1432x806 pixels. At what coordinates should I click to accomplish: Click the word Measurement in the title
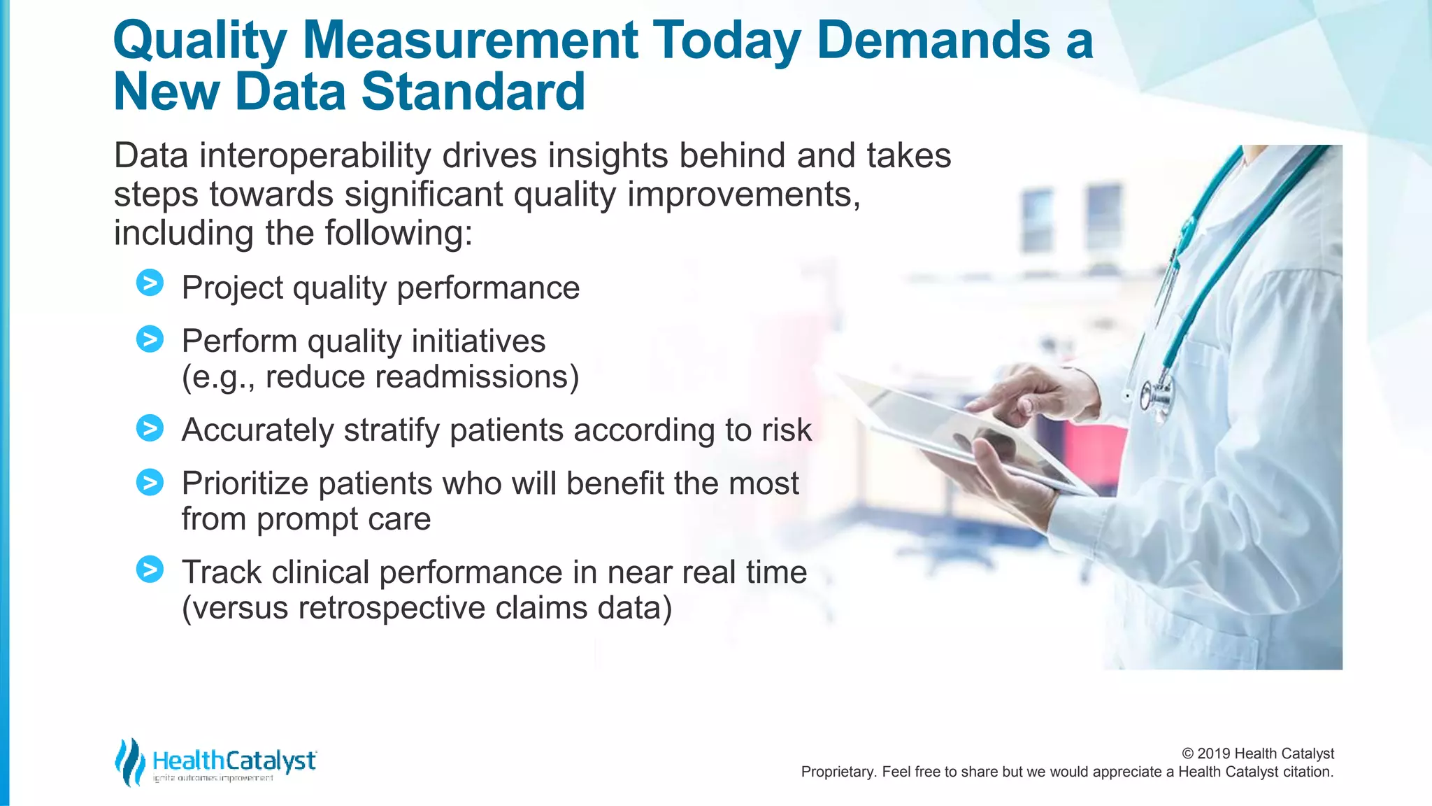pos(469,40)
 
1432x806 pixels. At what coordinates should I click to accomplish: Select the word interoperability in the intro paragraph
pos(315,155)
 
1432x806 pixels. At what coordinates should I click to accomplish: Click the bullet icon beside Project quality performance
pos(150,283)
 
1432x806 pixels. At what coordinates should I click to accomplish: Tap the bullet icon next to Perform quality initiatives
pos(150,339)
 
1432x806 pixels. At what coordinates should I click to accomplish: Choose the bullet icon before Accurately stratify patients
pos(150,428)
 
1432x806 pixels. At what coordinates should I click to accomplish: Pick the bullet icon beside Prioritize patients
pos(150,482)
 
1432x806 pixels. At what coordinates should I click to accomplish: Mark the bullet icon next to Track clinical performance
pos(150,570)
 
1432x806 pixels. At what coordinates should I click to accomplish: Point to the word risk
pos(787,430)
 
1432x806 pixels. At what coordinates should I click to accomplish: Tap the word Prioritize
pos(245,483)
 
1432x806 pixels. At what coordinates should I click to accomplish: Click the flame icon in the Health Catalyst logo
pos(129,762)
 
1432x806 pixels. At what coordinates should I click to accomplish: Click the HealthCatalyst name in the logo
pos(234,760)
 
